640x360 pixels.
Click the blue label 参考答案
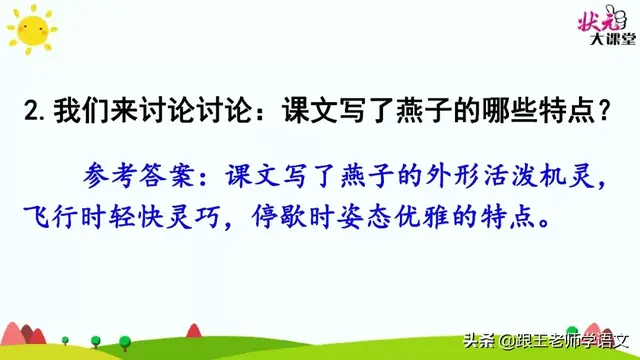tap(133, 178)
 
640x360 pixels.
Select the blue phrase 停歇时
tap(296, 217)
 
